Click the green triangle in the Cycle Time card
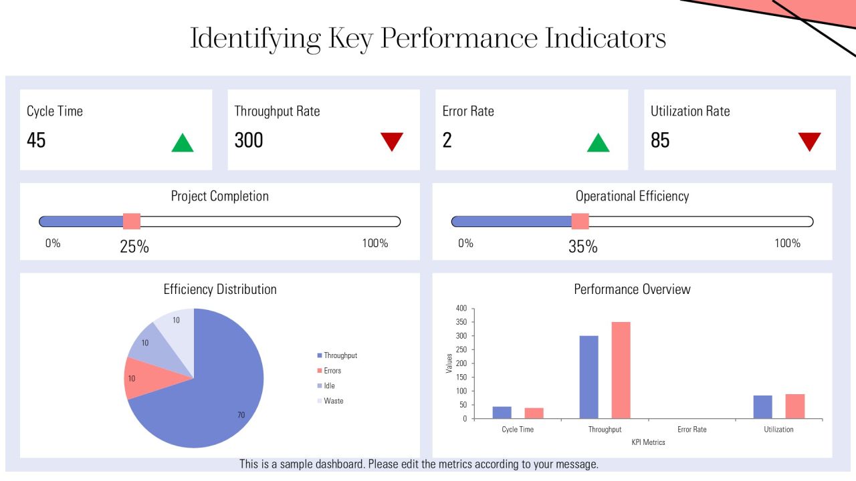point(183,143)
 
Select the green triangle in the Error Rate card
point(598,143)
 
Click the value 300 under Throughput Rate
point(249,140)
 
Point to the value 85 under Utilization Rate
point(660,140)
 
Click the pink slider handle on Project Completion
point(132,221)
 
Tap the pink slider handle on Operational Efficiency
point(580,221)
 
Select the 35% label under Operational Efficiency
point(582,247)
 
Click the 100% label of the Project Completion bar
point(375,243)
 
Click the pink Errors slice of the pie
point(153,379)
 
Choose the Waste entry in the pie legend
point(330,401)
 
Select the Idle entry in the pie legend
point(326,385)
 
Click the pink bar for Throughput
point(621,370)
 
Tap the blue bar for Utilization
point(763,407)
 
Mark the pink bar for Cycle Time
point(534,414)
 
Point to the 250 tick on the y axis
point(461,349)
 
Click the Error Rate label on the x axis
point(691,430)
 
